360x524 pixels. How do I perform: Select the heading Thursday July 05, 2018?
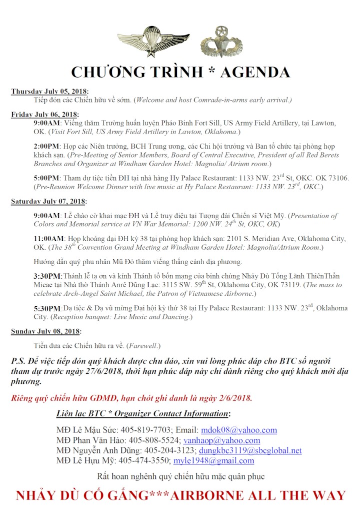(x=49, y=92)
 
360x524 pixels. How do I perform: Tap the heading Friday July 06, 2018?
(x=44, y=114)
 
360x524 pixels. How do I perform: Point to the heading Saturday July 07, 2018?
(x=48, y=201)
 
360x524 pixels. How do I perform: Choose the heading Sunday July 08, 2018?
(x=45, y=331)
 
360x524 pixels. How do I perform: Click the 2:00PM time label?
(x=46, y=147)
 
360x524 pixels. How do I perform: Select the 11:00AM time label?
(x=49, y=239)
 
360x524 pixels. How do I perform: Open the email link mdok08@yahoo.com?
(x=238, y=430)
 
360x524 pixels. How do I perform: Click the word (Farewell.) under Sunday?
(x=143, y=346)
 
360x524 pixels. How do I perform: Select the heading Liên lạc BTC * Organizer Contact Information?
(x=143, y=414)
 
